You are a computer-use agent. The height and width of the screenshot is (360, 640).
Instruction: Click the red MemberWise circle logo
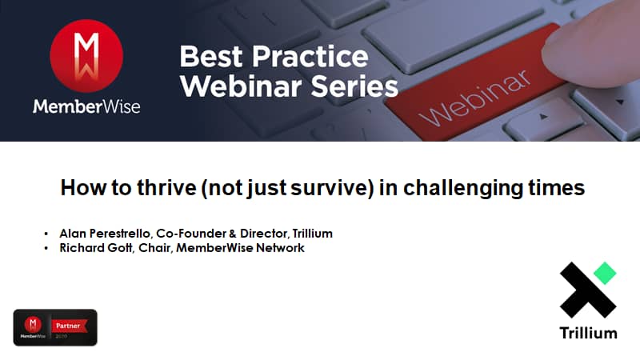pyautogui.click(x=86, y=56)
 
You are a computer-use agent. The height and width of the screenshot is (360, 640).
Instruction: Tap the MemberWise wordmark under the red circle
pyautogui.click(x=86, y=107)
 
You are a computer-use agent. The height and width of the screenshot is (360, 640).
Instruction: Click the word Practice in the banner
pyautogui.click(x=310, y=56)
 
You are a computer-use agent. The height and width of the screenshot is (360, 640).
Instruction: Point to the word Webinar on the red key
pyautogui.click(x=474, y=98)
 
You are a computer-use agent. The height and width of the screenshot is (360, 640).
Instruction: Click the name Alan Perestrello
pyautogui.click(x=105, y=234)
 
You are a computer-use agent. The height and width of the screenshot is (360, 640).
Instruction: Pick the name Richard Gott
pyautogui.click(x=95, y=248)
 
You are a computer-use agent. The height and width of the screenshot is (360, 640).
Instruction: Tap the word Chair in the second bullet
pyautogui.click(x=154, y=248)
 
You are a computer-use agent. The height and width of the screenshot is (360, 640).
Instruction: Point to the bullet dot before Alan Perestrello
pyautogui.click(x=46, y=234)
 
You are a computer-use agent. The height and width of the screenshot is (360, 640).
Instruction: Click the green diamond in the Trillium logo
pyautogui.click(x=605, y=273)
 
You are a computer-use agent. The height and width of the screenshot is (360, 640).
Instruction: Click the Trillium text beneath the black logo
pyautogui.click(x=588, y=333)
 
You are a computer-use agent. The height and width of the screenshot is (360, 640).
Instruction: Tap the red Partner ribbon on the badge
pyautogui.click(x=69, y=326)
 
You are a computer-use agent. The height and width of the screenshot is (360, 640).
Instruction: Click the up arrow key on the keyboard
pyautogui.click(x=542, y=118)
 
